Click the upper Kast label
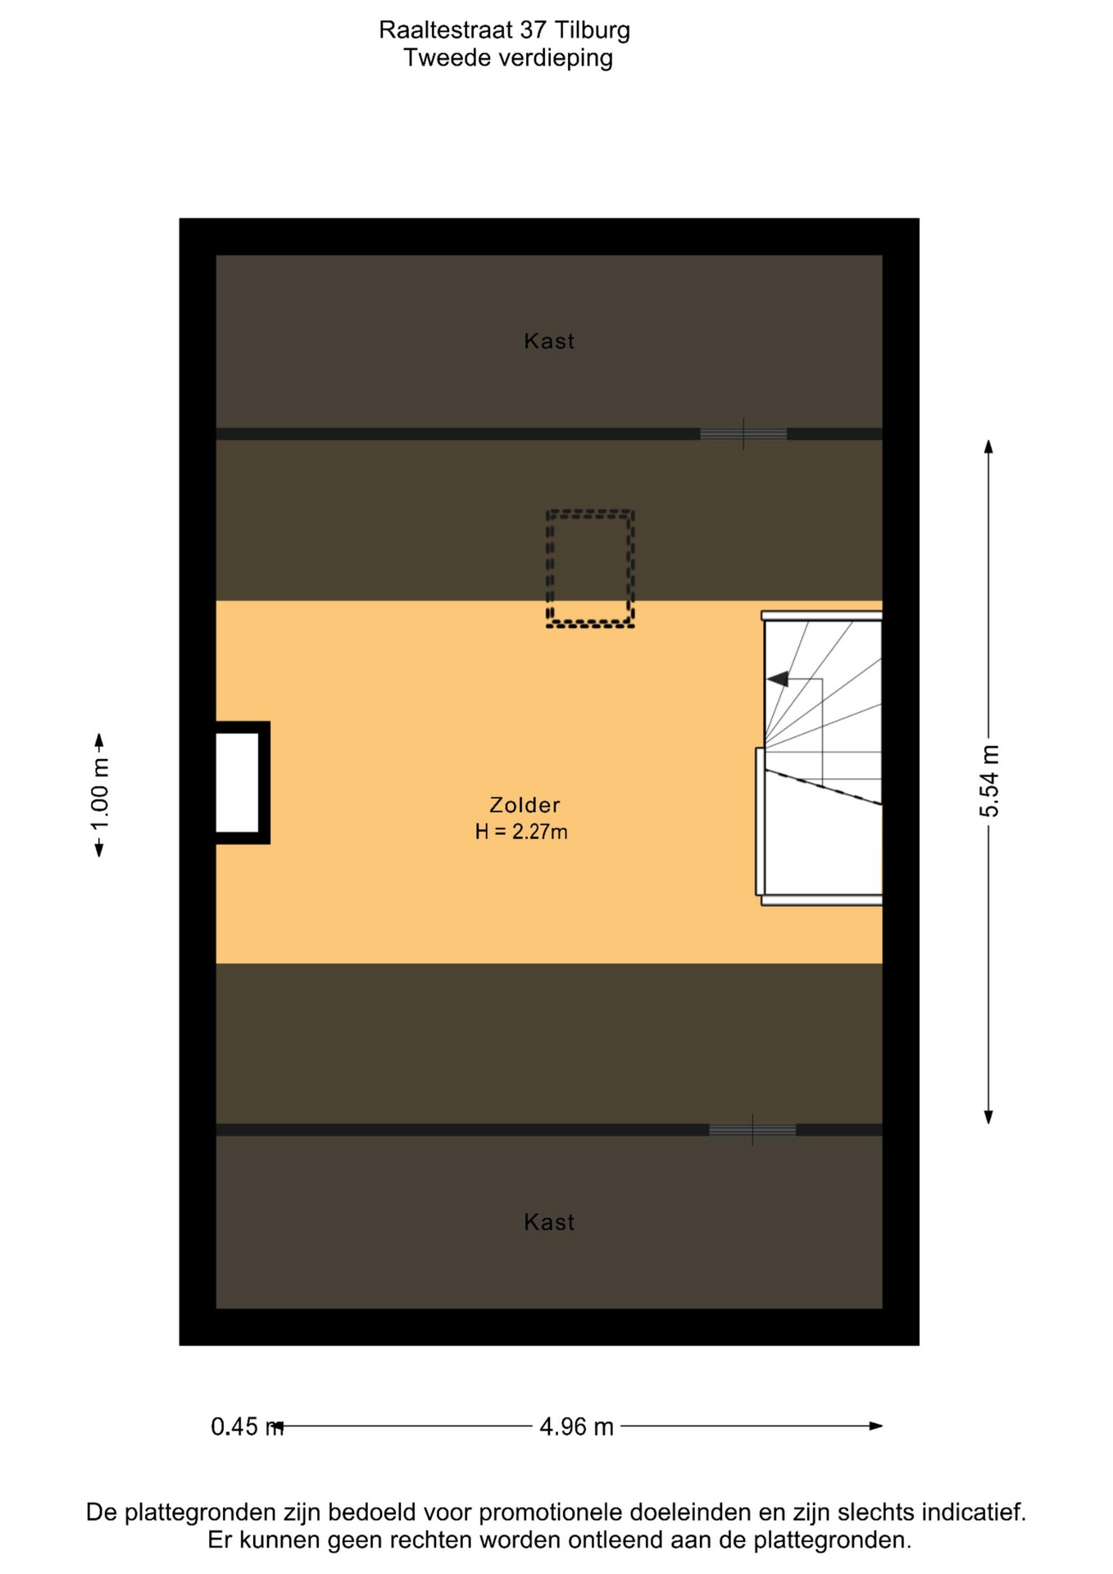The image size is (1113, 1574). (x=549, y=341)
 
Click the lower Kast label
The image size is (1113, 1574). (x=549, y=1222)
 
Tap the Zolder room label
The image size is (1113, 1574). (x=525, y=805)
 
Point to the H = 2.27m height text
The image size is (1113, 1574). (x=521, y=832)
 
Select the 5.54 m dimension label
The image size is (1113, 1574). (x=989, y=781)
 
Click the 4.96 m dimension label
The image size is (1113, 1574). (x=576, y=1427)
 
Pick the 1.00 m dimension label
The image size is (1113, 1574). (x=100, y=795)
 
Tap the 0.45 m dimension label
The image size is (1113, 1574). (x=247, y=1427)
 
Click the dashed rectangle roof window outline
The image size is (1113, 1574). (x=590, y=512)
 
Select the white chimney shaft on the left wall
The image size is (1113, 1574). (x=238, y=783)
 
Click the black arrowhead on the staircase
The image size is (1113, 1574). (x=778, y=679)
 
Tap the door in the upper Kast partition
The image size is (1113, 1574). (x=743, y=434)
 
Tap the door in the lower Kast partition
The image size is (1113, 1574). (x=752, y=1130)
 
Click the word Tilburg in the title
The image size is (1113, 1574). (x=593, y=30)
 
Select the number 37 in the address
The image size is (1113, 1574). (x=533, y=30)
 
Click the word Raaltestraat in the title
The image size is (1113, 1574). (x=446, y=30)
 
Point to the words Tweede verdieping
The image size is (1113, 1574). (x=508, y=58)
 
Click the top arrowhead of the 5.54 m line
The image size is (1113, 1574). (x=989, y=446)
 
